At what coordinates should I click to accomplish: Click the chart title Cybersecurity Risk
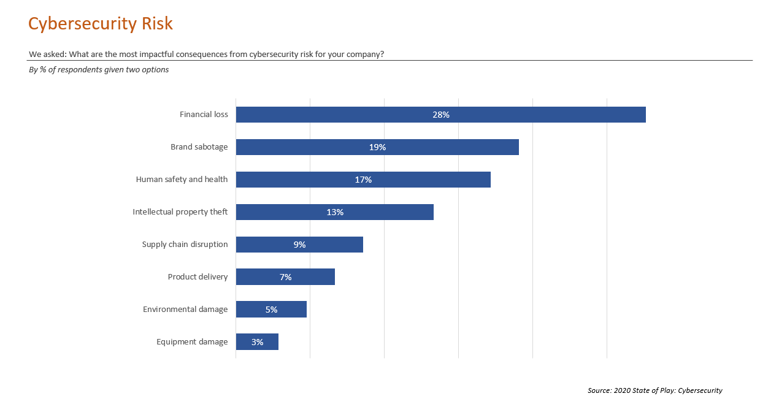pos(101,24)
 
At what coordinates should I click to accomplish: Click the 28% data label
pos(440,115)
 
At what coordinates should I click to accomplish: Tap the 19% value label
pos(377,147)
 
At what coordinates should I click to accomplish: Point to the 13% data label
pos(335,212)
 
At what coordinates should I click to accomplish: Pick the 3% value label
pos(257,342)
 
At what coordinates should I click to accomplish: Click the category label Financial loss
pos(204,115)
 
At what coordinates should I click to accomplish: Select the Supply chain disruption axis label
pos(185,245)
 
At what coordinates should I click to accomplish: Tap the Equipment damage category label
pos(192,342)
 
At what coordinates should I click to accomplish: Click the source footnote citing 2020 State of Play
pos(654,390)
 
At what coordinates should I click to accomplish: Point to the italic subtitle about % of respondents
pos(99,70)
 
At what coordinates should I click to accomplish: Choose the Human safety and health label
pos(182,180)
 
